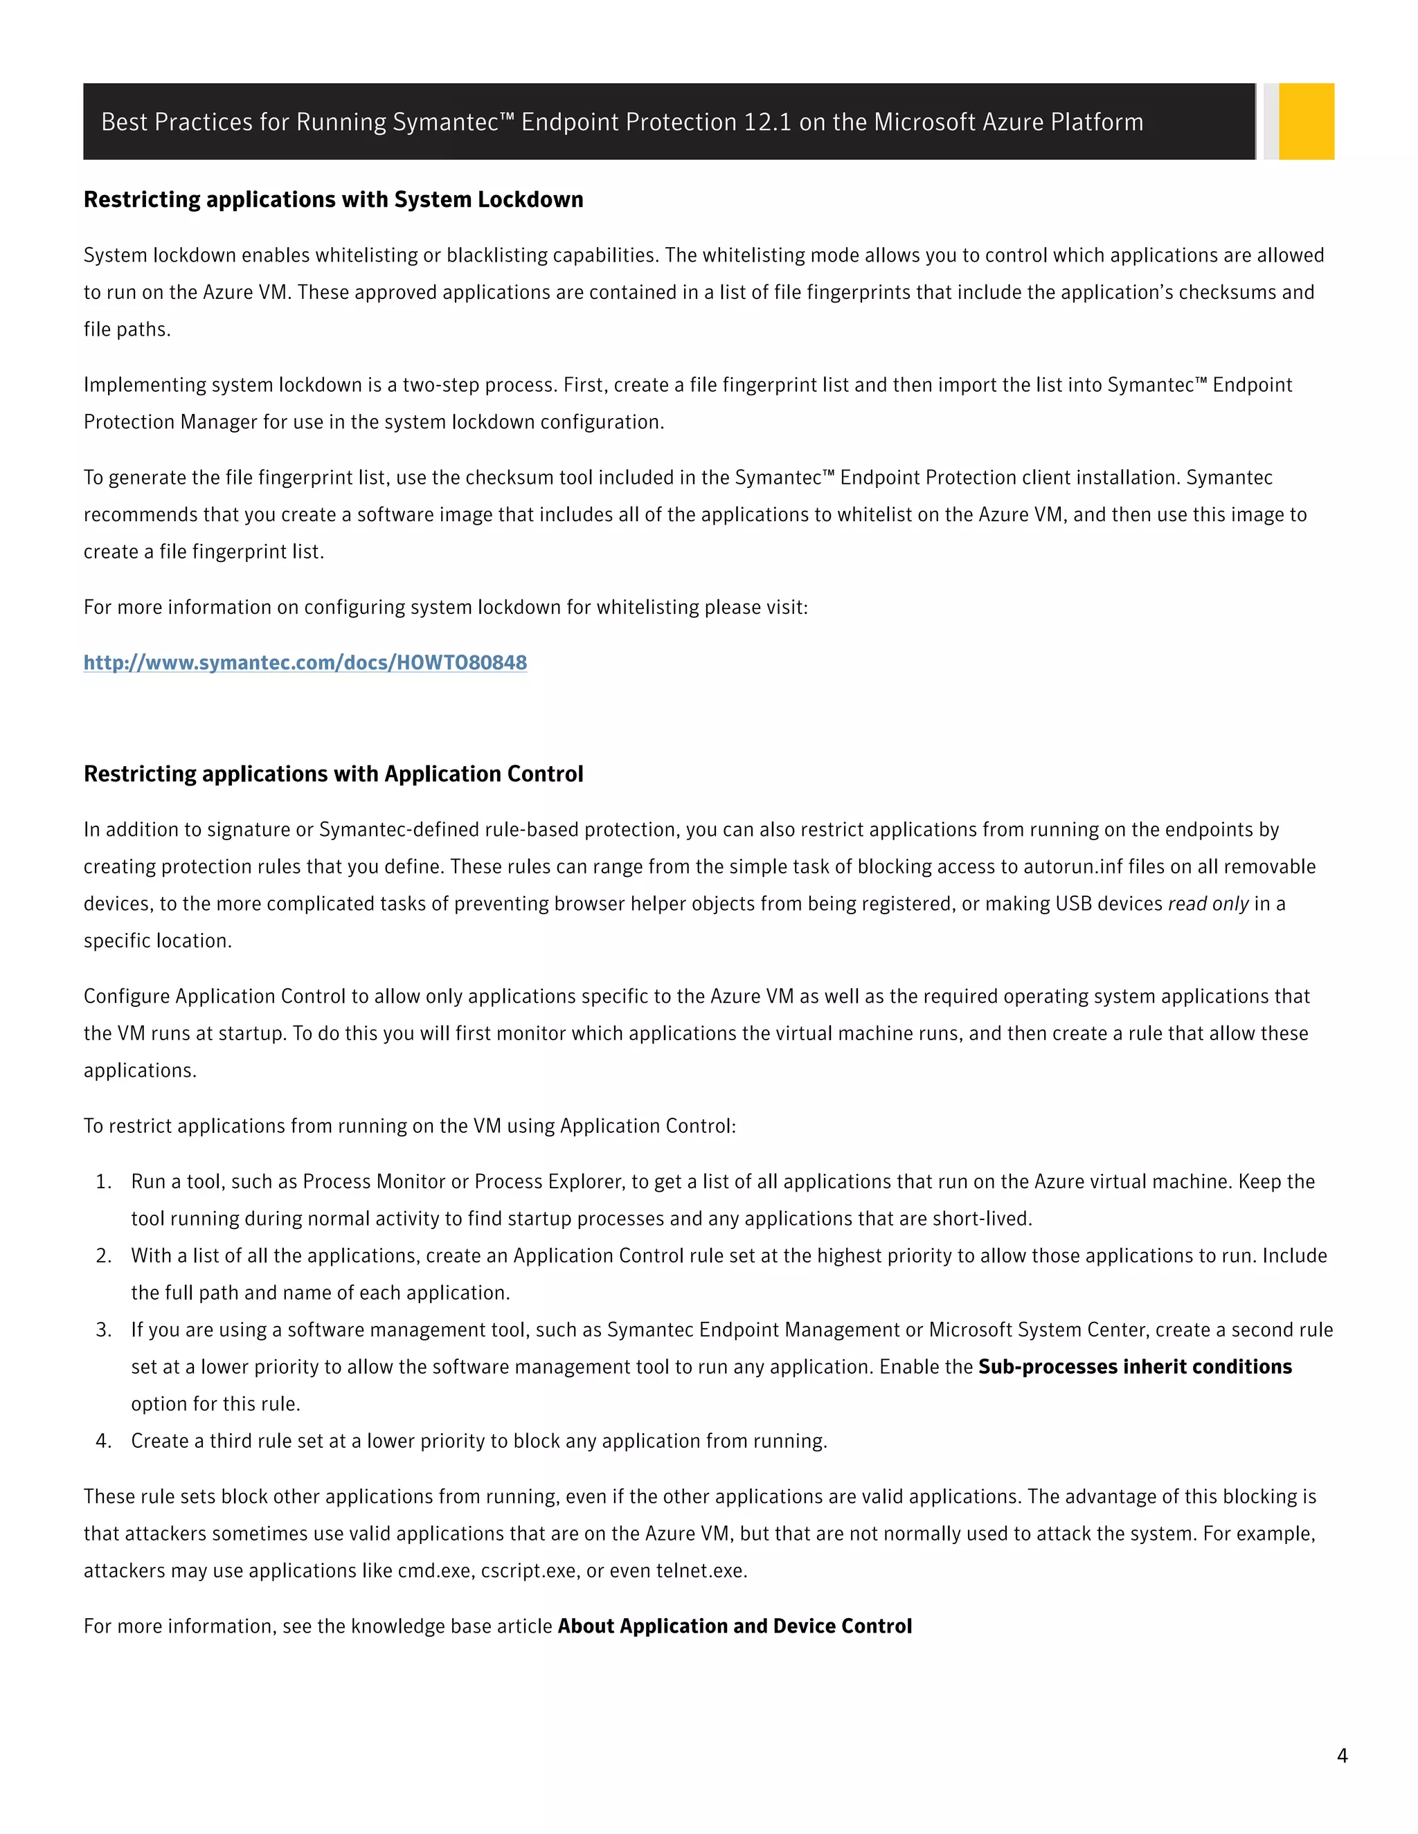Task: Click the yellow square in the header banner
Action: coord(1307,121)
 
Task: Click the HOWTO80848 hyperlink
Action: coord(305,662)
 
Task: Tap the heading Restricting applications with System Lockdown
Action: coord(334,200)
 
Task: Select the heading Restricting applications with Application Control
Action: coord(334,774)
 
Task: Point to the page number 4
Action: coord(1342,1755)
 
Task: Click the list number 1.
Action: coord(103,1181)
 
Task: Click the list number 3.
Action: coord(103,1330)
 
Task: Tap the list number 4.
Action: coord(103,1441)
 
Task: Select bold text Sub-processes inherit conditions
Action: coord(1135,1367)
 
